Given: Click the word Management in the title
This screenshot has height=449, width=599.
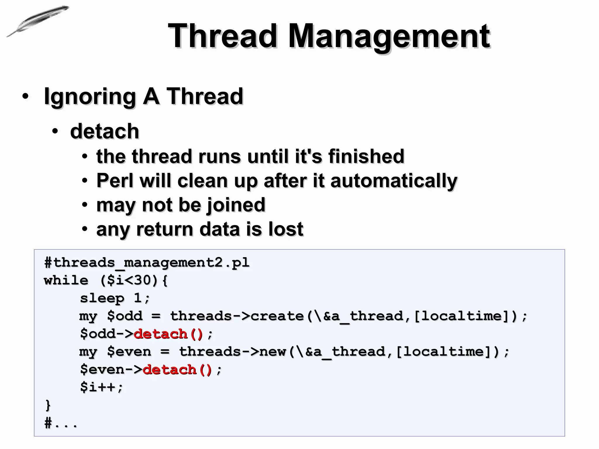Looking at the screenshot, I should tap(389, 36).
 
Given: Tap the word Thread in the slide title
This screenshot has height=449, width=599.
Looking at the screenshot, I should tap(222, 36).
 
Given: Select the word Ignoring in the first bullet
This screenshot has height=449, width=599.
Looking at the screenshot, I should tap(89, 96).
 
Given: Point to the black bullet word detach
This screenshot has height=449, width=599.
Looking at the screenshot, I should tap(104, 131).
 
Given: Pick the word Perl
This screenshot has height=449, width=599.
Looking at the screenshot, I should tap(115, 180).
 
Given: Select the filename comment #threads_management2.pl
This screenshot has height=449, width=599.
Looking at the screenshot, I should tap(147, 263).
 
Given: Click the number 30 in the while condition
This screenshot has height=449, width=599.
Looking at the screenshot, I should tap(142, 280).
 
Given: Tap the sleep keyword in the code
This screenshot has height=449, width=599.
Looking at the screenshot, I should tap(102, 298).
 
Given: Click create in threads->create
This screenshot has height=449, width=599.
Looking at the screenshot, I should tap(277, 316).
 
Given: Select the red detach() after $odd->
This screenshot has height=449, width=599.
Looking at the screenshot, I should tap(168, 334).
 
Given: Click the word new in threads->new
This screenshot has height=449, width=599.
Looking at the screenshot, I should tap(272, 352).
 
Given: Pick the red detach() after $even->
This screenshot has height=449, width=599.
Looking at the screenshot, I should tap(177, 369).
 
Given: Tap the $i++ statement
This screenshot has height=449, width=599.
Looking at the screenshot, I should tap(101, 387).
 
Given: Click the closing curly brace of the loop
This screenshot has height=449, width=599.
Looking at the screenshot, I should tap(48, 405).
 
